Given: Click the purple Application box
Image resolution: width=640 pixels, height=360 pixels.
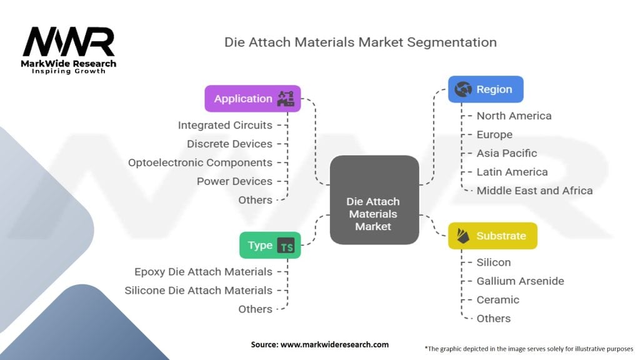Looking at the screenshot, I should tap(252, 99).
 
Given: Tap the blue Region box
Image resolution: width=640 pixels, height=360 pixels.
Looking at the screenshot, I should tap(485, 89).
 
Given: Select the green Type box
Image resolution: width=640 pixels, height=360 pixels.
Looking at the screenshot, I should tap(270, 246).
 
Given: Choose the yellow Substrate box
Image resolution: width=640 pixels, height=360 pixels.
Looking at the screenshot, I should tap(492, 236).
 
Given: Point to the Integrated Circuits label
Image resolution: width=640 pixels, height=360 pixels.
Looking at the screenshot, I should tap(225, 125).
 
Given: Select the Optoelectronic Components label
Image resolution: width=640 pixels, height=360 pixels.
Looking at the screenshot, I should tap(200, 162).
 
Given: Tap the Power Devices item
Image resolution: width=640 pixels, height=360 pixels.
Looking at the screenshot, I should tap(234, 181).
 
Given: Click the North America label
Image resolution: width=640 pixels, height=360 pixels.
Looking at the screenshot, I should tap(514, 116).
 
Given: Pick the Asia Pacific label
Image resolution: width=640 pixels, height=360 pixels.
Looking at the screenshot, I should tap(506, 153).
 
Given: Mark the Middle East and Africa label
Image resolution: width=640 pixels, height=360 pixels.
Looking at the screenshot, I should tap(534, 191).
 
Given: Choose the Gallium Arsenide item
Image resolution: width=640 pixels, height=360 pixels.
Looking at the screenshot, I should tap(520, 281).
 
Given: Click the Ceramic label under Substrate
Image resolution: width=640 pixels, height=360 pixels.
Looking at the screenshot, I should tap(497, 300).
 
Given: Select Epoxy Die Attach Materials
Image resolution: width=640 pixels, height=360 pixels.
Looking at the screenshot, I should tap(203, 272).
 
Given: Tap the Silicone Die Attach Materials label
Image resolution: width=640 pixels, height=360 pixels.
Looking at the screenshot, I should tap(198, 291).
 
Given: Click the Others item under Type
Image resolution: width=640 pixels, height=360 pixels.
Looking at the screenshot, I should tap(255, 309).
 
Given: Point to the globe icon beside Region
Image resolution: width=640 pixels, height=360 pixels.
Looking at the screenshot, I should tap(463, 89).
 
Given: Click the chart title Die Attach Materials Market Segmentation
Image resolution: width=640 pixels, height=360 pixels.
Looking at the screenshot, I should tap(361, 42).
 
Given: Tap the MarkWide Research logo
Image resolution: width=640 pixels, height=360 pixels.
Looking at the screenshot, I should tap(69, 50).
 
